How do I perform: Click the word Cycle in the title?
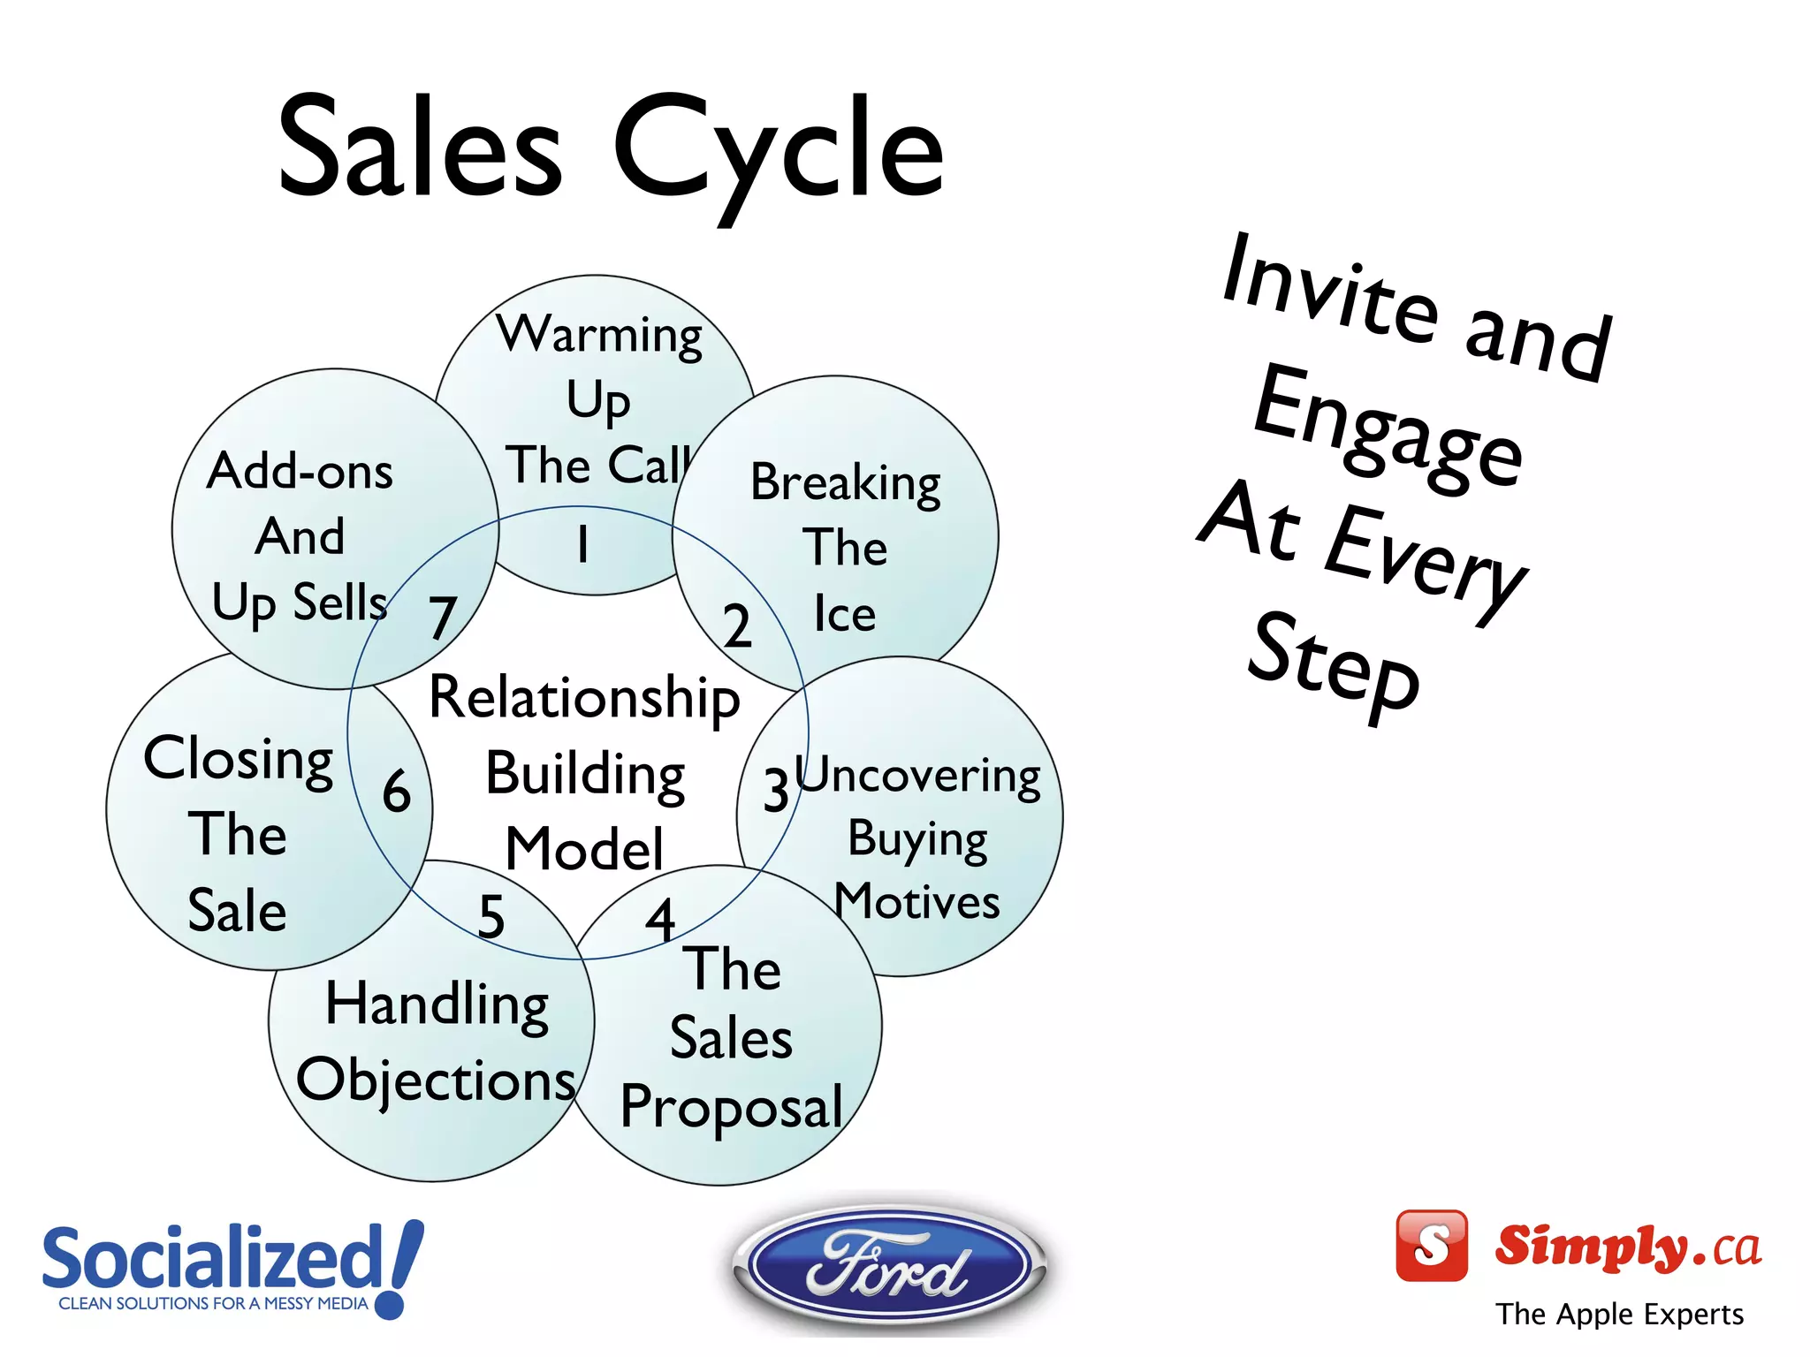(x=778, y=150)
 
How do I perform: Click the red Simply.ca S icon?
(x=1431, y=1245)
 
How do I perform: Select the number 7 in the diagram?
(x=443, y=618)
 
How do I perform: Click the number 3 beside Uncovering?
(x=776, y=790)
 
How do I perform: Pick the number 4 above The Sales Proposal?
(x=660, y=920)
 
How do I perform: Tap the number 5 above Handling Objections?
(x=491, y=916)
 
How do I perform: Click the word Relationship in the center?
(x=584, y=698)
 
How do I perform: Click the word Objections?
(x=436, y=1080)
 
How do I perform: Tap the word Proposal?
(x=732, y=1107)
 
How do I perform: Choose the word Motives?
(x=916, y=902)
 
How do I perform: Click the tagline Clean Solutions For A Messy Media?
(x=213, y=1303)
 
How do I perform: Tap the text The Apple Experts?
(x=1619, y=1314)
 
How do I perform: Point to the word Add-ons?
(x=300, y=471)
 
